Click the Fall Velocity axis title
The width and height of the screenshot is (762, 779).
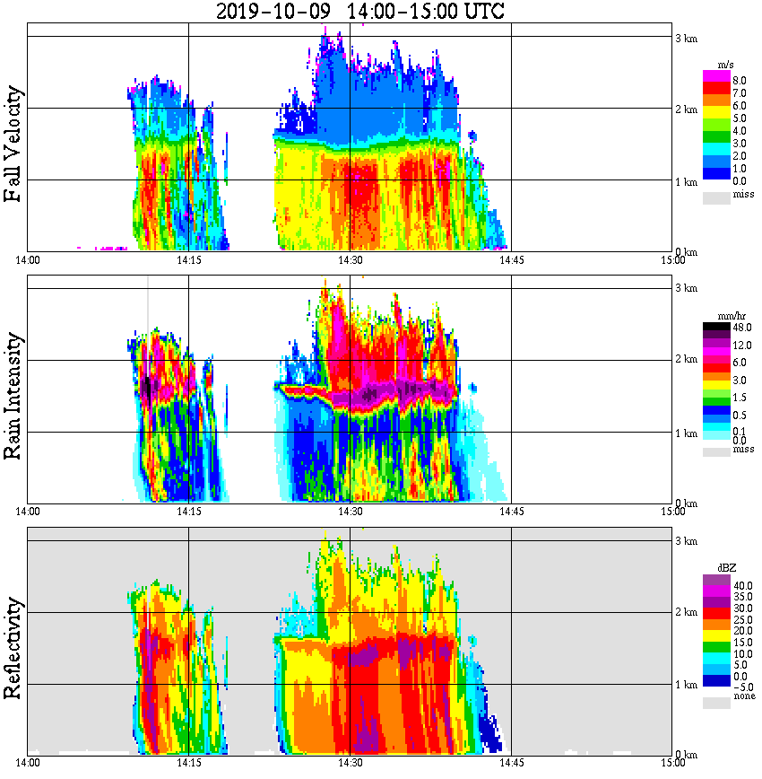coord(13,144)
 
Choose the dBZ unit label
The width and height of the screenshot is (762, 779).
coord(726,568)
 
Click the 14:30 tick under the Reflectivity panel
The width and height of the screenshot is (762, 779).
coord(351,764)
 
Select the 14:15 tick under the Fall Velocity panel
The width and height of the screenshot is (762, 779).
coord(188,260)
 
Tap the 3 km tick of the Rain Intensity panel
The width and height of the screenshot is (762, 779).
coord(686,288)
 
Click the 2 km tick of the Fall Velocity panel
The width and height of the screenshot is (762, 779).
coord(686,109)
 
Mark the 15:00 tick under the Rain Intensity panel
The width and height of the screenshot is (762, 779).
coord(672,512)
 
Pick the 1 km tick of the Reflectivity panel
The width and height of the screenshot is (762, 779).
coord(686,685)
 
